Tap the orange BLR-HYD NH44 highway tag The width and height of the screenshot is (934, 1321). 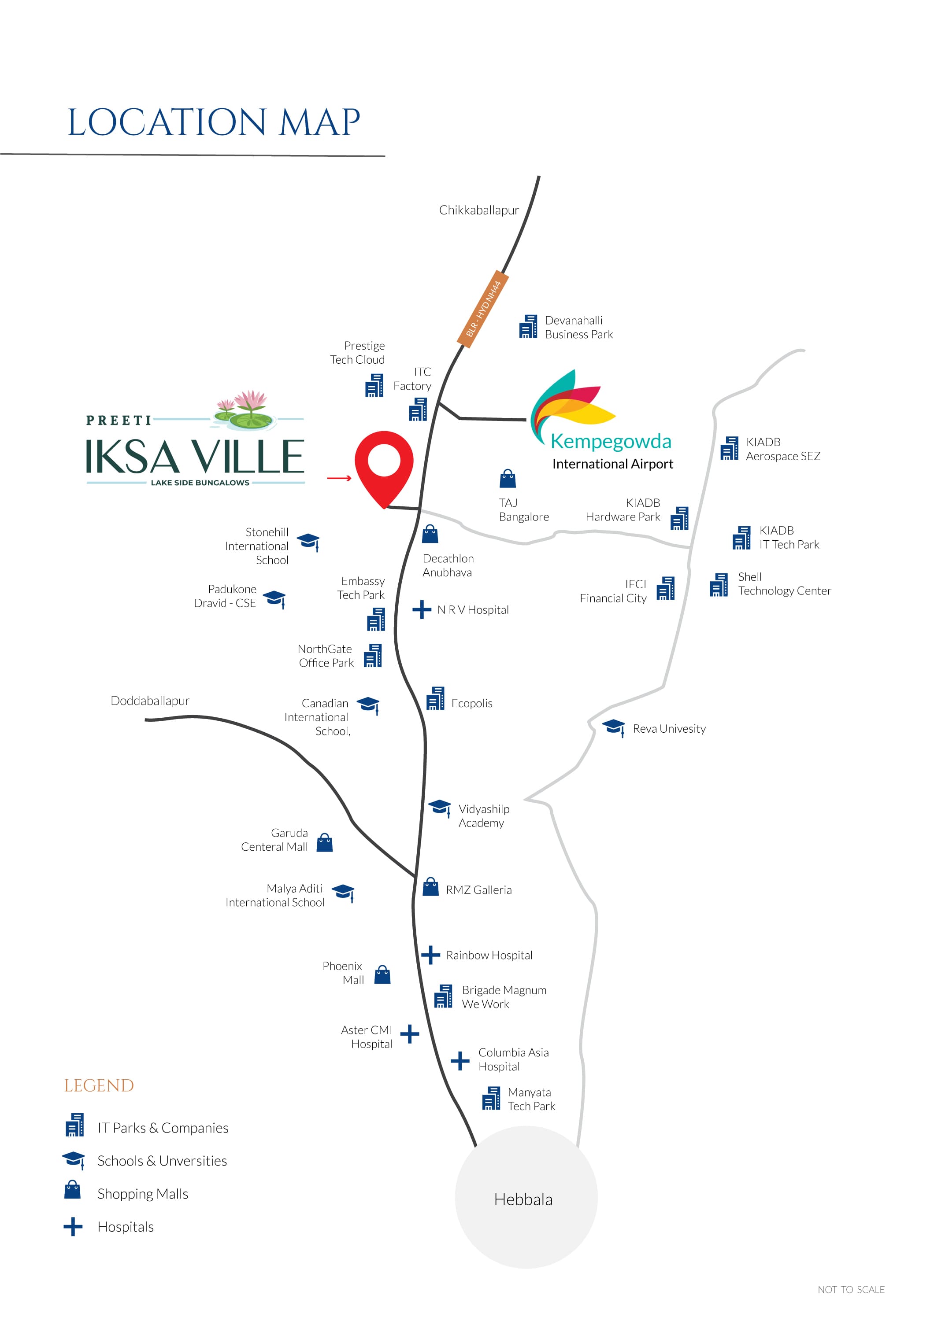coord(483,309)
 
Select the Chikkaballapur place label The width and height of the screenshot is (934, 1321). coord(479,210)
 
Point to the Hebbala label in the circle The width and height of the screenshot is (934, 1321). coord(523,1199)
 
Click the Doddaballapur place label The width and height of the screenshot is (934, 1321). coord(150,701)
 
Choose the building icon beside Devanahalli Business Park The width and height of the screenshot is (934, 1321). coord(528,326)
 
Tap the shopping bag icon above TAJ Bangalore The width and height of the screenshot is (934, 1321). coord(508,478)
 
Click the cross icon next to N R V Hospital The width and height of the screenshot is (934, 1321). coord(422,609)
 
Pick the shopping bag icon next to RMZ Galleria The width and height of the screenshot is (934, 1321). coord(430,887)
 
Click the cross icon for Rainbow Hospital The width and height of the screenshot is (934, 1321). coord(430,955)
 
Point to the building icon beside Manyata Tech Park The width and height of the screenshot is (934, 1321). coord(491,1098)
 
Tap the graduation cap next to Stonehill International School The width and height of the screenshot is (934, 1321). coord(308,542)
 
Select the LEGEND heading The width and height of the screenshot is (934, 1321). coord(99,1086)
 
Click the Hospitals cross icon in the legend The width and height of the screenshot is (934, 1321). coord(73,1227)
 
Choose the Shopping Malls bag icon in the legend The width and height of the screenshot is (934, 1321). coord(73,1189)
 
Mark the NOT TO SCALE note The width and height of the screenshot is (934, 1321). coord(851,1290)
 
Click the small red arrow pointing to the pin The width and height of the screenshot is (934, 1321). coord(340,477)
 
